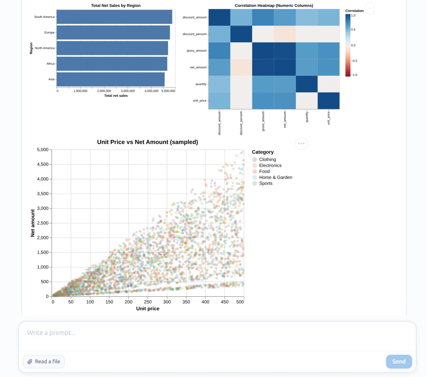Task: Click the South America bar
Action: click(114, 17)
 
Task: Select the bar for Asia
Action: click(110, 79)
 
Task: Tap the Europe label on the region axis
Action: click(49, 33)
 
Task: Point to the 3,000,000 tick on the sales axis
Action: click(128, 91)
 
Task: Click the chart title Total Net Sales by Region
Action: click(116, 6)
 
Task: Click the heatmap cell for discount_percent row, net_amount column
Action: click(285, 34)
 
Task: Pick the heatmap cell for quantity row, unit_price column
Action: click(329, 84)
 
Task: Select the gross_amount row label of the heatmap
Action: click(196, 51)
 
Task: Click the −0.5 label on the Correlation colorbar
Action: click(354, 61)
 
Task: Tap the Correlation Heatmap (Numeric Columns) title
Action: click(274, 6)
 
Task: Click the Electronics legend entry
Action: click(270, 166)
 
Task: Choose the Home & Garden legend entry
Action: click(275, 177)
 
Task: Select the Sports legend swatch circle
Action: click(255, 183)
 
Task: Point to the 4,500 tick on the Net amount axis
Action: click(43, 164)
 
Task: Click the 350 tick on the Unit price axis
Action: click(186, 302)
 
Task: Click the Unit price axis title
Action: click(148, 309)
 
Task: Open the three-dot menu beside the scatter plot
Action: click(301, 144)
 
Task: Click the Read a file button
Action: click(44, 361)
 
